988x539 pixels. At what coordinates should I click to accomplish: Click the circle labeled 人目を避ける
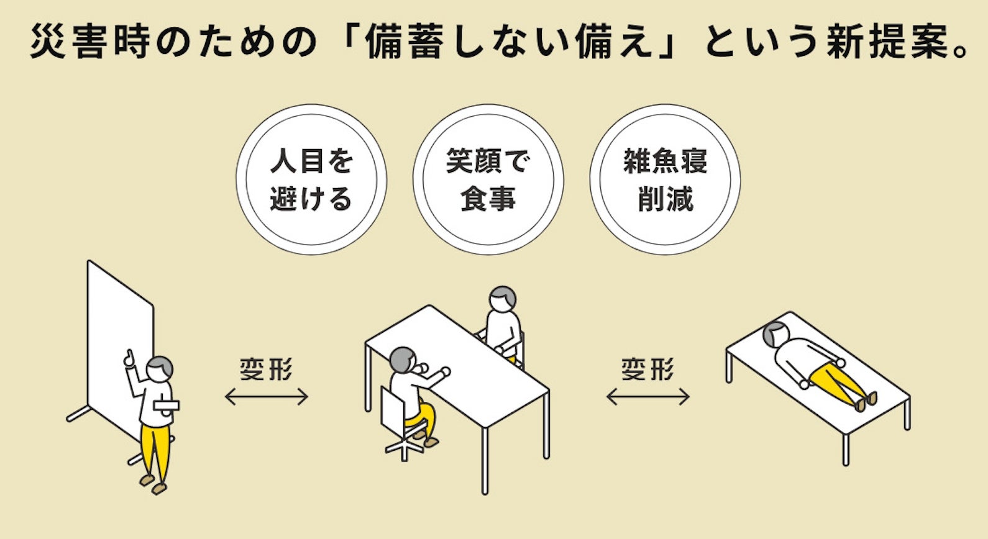coord(311,179)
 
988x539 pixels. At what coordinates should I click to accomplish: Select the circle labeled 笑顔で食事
coord(488,179)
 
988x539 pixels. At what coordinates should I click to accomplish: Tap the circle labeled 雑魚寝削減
coord(665,179)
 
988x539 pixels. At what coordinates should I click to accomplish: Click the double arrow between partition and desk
coord(267,397)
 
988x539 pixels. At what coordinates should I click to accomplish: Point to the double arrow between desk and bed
coord(648,397)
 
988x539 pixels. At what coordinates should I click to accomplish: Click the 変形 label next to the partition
coord(267,369)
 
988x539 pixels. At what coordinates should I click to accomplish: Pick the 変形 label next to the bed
coord(648,369)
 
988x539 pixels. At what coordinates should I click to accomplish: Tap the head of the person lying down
coord(774,335)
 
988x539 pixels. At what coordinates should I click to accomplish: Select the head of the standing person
coord(160,368)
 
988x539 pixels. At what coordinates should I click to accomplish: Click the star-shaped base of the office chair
coord(405,446)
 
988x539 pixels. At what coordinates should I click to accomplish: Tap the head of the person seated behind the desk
coord(502,299)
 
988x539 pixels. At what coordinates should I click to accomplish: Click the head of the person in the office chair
coord(403,360)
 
